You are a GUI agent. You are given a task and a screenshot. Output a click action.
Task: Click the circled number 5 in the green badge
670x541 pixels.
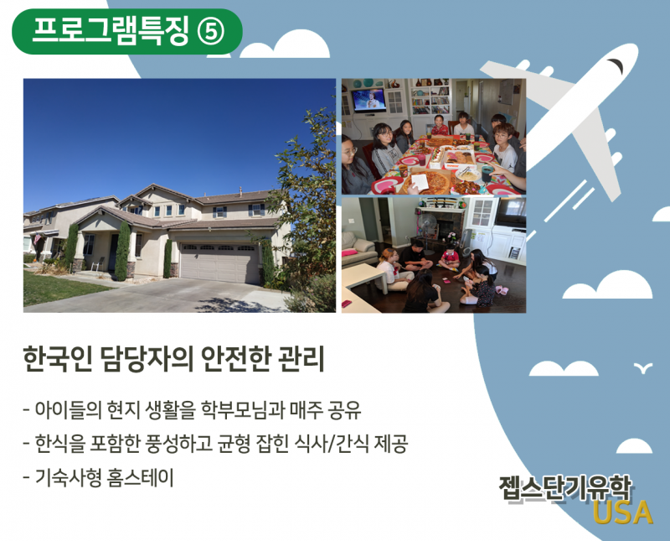[x=210, y=33]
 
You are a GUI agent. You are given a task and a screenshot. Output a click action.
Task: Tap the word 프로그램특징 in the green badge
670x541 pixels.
[x=111, y=32]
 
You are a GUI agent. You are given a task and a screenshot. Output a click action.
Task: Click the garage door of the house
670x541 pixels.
[x=219, y=263]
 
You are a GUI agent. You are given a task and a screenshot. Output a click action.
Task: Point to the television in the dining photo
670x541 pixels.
[x=368, y=101]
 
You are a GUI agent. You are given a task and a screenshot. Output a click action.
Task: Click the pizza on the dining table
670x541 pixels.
[x=426, y=181]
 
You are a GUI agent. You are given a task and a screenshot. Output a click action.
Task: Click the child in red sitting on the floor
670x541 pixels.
[x=450, y=258]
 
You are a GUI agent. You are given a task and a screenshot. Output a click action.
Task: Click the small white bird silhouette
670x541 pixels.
[x=643, y=367]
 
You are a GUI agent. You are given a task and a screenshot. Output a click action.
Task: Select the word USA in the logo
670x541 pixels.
[x=622, y=512]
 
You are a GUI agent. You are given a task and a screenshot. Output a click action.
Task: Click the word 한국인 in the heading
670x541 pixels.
[x=58, y=359]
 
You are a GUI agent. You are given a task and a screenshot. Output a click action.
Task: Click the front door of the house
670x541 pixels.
[x=112, y=253]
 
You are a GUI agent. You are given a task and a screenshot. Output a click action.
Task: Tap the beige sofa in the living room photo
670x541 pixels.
[x=358, y=249]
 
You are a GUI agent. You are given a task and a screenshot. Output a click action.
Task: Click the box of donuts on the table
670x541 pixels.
[x=459, y=159]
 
